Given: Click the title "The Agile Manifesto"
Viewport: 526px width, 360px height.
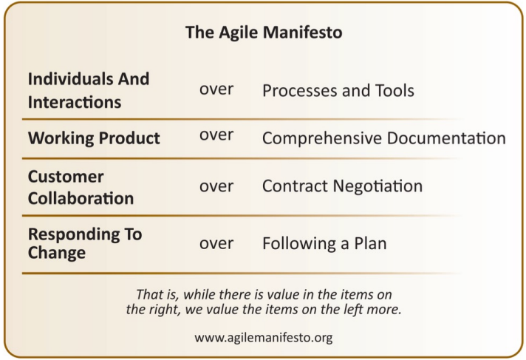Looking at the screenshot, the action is [264, 33].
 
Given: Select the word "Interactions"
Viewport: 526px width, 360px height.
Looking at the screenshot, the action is [75, 102].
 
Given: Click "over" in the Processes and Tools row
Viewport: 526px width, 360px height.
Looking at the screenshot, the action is [216, 89].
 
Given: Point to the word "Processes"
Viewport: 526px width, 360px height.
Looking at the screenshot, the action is [297, 91].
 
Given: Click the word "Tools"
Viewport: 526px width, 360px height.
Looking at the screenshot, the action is [394, 91].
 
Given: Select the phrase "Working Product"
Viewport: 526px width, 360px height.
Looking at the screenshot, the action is [94, 138].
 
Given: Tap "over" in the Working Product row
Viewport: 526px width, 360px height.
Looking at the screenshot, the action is [216, 135].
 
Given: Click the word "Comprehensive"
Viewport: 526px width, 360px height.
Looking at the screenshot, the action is [322, 138].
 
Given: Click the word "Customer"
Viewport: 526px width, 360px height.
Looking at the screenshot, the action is [66, 177].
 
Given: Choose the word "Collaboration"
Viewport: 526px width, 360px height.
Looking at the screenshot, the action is [81, 198].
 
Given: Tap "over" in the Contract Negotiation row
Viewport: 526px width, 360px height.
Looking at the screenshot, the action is [216, 186].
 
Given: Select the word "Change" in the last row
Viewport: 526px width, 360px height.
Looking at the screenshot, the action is [57, 253].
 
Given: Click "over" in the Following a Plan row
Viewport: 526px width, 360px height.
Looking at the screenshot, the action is [216, 244].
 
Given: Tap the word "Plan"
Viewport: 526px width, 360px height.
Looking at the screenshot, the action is [370, 243].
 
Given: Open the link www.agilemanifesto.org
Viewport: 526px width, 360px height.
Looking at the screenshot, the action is [264, 338].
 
